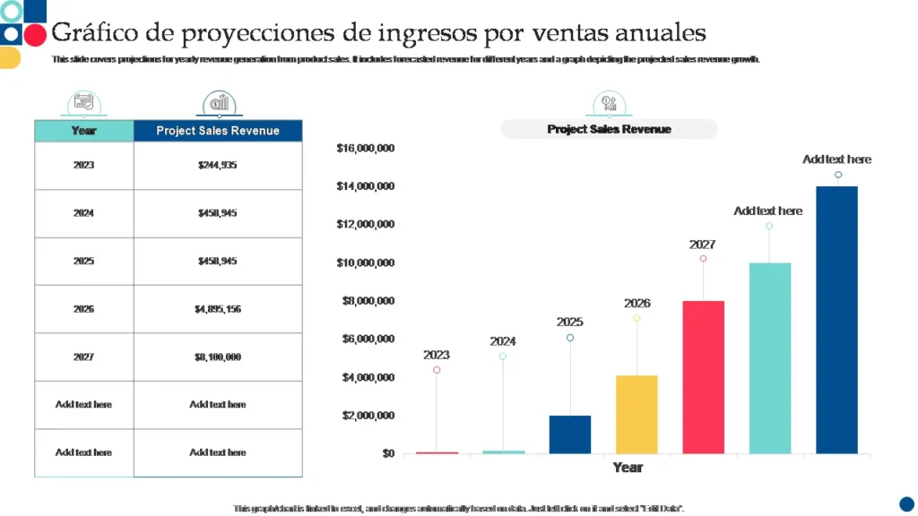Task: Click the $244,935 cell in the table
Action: (218, 166)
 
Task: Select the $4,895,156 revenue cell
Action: (218, 309)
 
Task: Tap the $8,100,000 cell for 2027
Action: (218, 357)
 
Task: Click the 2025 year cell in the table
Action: (83, 262)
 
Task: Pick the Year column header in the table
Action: (83, 131)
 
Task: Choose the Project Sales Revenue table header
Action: (218, 131)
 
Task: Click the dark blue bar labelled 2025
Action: (570, 434)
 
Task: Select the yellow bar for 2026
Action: (637, 414)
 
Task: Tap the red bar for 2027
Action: (703, 377)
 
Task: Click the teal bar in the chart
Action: (769, 358)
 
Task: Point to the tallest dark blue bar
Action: (836, 320)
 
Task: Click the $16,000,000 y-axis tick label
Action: (366, 148)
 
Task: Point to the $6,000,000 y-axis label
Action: (368, 340)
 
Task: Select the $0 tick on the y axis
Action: (387, 453)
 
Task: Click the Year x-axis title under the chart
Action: (628, 468)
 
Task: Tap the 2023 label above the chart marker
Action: (437, 355)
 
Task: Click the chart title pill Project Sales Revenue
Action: (609, 130)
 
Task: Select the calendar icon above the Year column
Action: (83, 103)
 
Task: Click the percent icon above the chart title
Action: (609, 103)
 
